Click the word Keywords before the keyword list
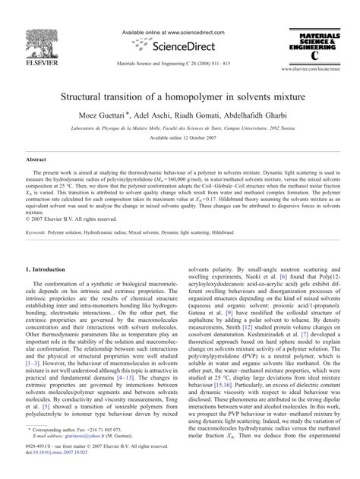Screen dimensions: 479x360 tap(40, 232)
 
